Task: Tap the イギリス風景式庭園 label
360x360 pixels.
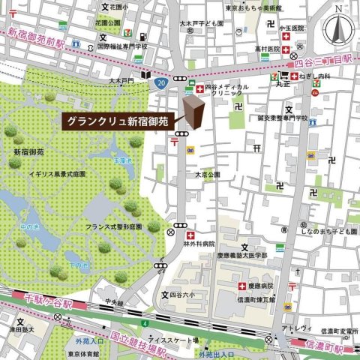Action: pyautogui.click(x=55, y=173)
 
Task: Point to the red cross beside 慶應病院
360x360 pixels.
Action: pyautogui.click(x=241, y=286)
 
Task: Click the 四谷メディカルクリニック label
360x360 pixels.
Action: pyautogui.click(x=226, y=91)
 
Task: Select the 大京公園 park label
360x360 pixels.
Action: pyautogui.click(x=208, y=175)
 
